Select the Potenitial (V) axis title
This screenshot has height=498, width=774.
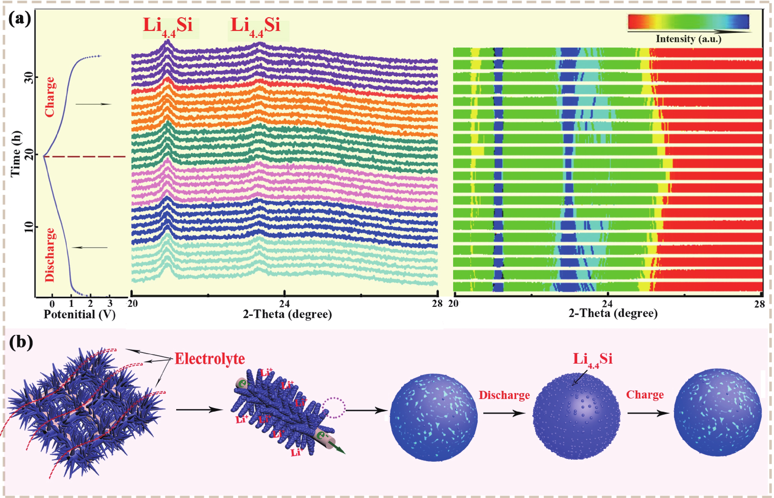coord(80,314)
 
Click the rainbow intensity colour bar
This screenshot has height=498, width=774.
coord(688,22)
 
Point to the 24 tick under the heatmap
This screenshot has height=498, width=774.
coord(608,304)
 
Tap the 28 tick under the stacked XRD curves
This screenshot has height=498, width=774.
coord(437,304)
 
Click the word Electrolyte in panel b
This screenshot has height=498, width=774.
coord(210,359)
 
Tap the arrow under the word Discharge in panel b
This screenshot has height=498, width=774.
coord(504,413)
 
